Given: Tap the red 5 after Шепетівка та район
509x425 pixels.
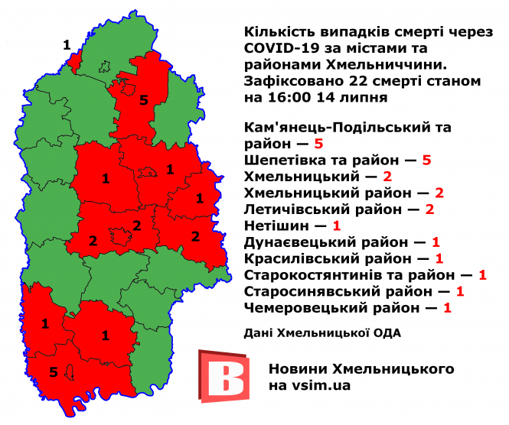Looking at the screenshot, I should [x=427, y=161].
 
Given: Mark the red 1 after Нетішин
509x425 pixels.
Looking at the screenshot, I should [x=336, y=226].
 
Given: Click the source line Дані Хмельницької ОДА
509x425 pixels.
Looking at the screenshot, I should [x=322, y=333].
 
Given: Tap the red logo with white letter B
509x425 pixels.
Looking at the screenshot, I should [x=224, y=375].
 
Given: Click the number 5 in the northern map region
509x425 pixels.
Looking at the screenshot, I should [x=144, y=99].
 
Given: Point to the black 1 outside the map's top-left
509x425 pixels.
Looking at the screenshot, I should [x=67, y=44].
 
